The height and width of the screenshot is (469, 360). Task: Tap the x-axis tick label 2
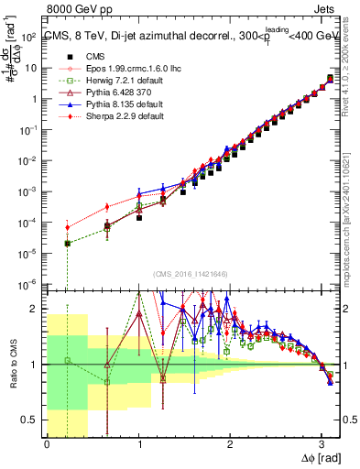[229, 444]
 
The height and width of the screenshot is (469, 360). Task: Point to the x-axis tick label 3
[321, 444]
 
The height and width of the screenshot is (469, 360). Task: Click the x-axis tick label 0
[47, 444]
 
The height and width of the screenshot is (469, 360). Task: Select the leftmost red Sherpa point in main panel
[67, 227]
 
